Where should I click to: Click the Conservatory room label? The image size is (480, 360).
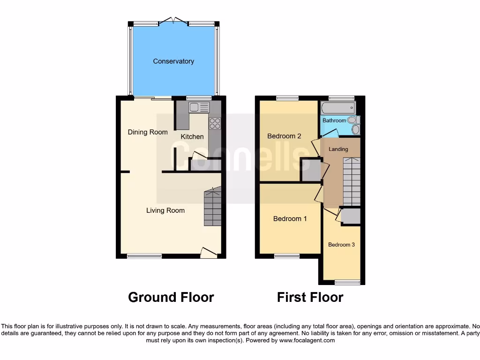pyautogui.click(x=173, y=61)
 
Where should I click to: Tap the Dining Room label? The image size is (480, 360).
pyautogui.click(x=148, y=132)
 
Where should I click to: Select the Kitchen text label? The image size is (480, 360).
pyautogui.click(x=192, y=136)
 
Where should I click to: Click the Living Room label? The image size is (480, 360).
pyautogui.click(x=165, y=210)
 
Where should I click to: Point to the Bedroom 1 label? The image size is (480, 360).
pyautogui.click(x=290, y=218)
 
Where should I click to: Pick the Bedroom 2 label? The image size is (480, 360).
pyautogui.click(x=284, y=136)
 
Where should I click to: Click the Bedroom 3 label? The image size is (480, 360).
pyautogui.click(x=341, y=245)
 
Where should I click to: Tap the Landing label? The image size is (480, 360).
pyautogui.click(x=338, y=149)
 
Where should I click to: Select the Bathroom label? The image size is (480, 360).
pyautogui.click(x=334, y=120)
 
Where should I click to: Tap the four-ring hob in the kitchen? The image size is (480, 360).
pyautogui.click(x=215, y=123)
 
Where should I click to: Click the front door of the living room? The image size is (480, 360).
pyautogui.click(x=209, y=253)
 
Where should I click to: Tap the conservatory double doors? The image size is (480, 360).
pyautogui.click(x=173, y=21)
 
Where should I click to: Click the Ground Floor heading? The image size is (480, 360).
pyautogui.click(x=171, y=297)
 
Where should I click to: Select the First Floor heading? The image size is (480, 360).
pyautogui.click(x=310, y=297)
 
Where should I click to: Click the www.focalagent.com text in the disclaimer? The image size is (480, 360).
pyautogui.click(x=307, y=340)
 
